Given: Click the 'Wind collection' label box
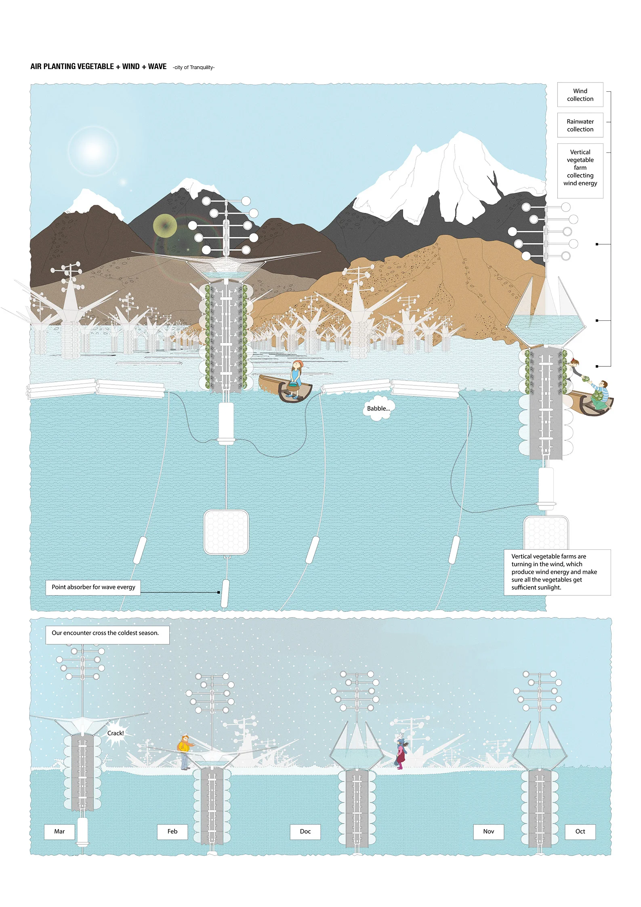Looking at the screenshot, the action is tap(580, 95).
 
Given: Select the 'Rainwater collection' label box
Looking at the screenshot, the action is tap(580, 125).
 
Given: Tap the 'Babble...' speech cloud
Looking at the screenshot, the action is tap(378, 409).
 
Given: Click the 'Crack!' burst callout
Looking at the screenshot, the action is tap(116, 733).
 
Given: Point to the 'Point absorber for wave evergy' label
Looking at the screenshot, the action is tap(93, 587).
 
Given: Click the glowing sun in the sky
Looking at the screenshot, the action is tap(93, 151).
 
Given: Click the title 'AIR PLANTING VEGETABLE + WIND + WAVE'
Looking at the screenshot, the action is tap(99, 67).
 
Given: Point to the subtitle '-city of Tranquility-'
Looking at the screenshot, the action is tap(193, 67).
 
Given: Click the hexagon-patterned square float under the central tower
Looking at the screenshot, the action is tap(226, 532).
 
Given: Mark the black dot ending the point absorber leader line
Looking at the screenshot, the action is tap(219, 592).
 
